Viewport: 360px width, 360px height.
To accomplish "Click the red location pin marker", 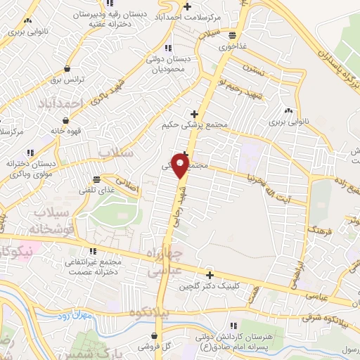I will point(181,166).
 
